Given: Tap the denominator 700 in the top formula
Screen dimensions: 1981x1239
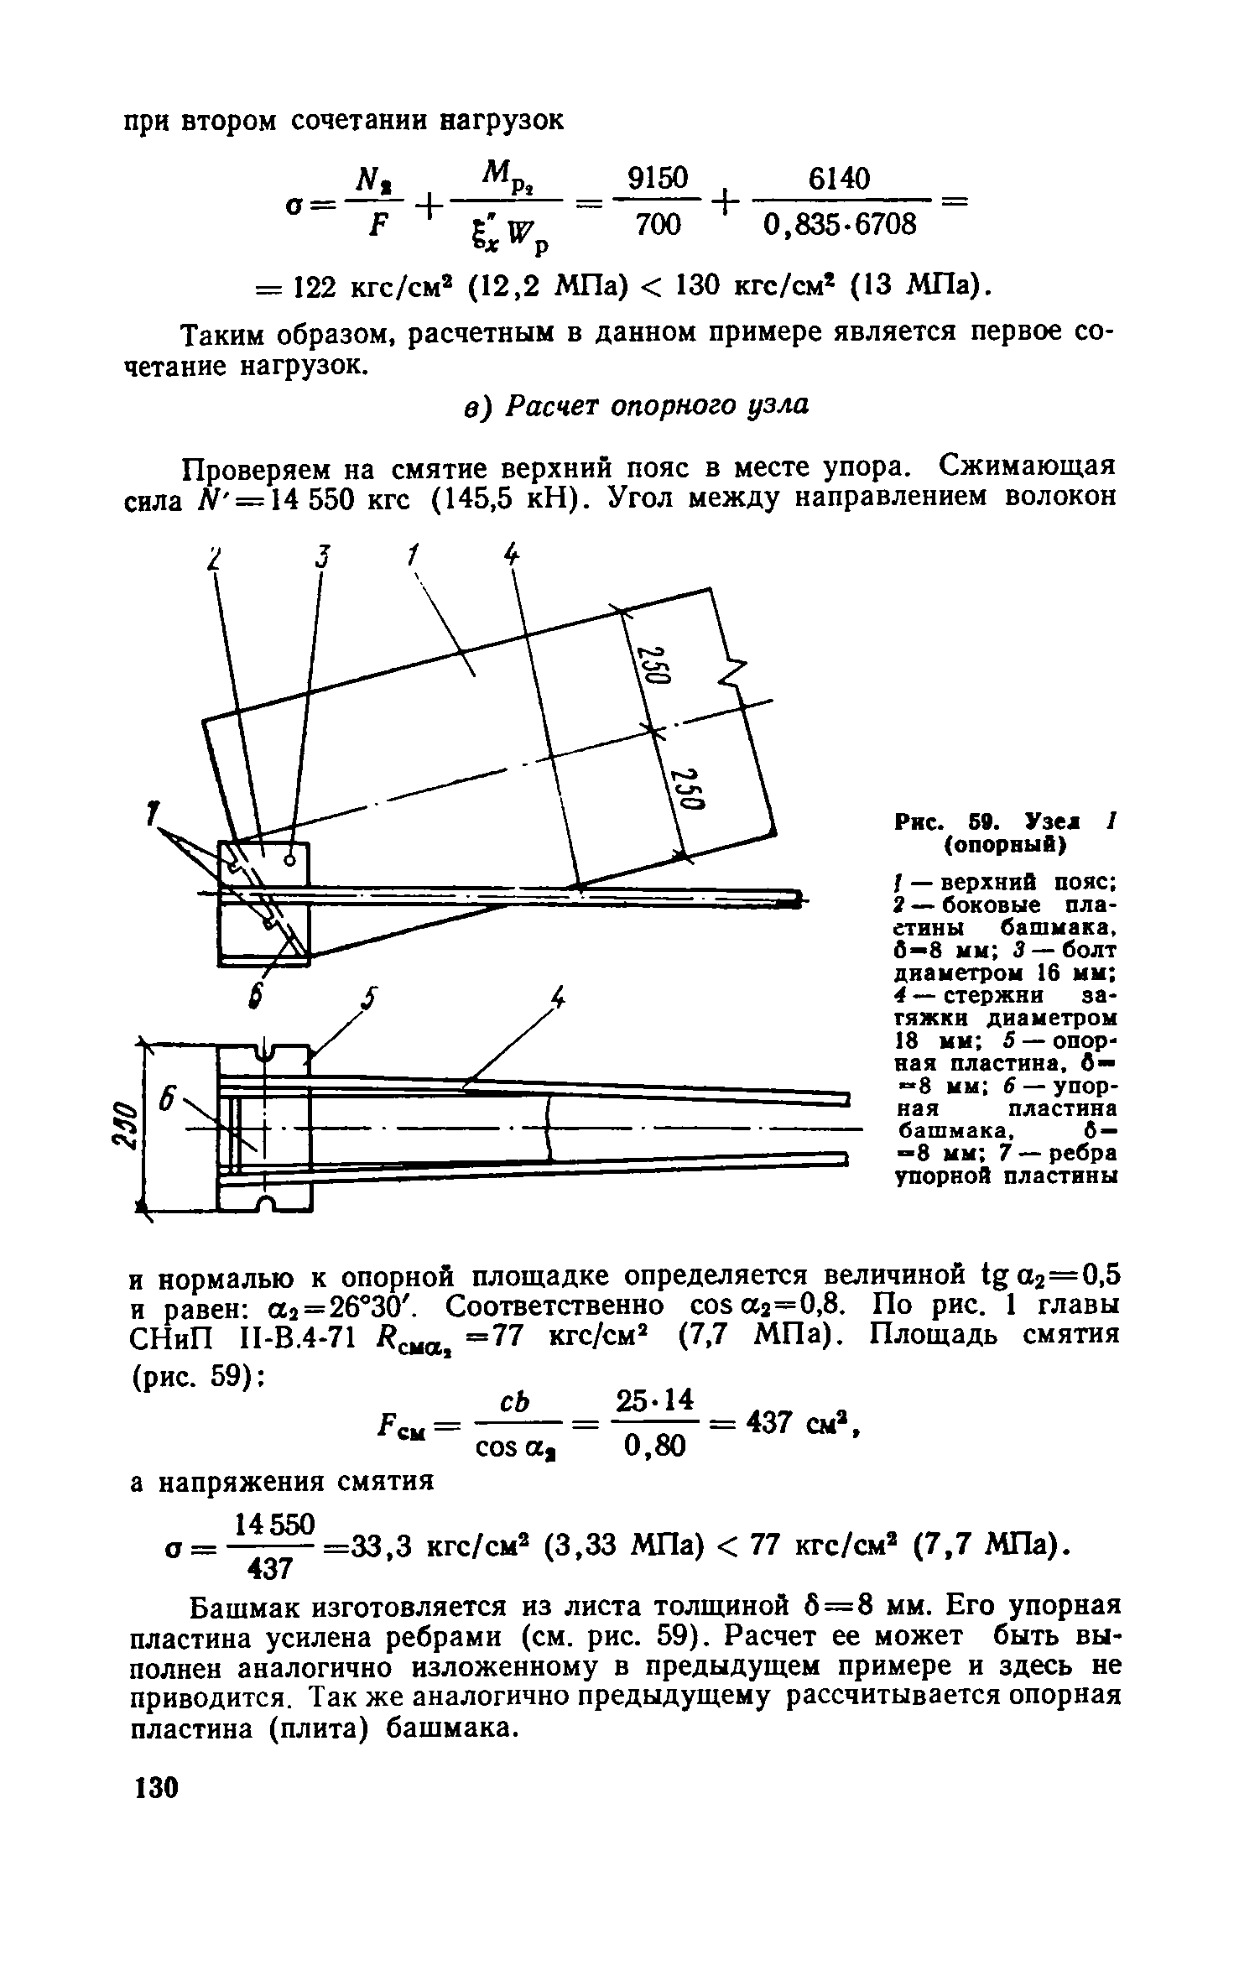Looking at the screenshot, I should tap(659, 225).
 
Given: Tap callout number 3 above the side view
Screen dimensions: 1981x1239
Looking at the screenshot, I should tap(320, 556).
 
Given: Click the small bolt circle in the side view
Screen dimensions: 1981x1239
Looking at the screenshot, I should tap(290, 859).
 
